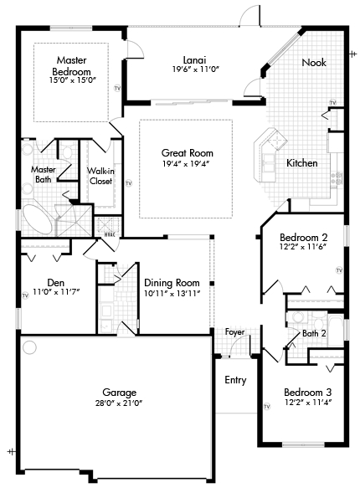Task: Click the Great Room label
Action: (187, 153)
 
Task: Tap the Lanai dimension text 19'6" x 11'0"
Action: (195, 69)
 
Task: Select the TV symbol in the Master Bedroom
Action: (117, 89)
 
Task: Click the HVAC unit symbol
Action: (108, 225)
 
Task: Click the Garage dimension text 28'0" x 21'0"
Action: (119, 403)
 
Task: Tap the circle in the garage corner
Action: (30, 347)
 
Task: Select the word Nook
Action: (314, 63)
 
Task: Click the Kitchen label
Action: (302, 163)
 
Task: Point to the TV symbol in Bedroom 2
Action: (339, 270)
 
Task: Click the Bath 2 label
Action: (314, 333)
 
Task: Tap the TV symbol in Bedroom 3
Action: (267, 407)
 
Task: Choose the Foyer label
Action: (234, 332)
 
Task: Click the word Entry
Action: (235, 380)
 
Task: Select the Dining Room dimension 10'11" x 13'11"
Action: (172, 293)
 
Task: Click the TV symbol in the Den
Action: (25, 295)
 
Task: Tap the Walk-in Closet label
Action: (100, 176)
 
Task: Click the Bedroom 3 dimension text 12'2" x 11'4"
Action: (308, 402)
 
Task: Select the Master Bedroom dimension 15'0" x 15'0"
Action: (72, 80)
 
